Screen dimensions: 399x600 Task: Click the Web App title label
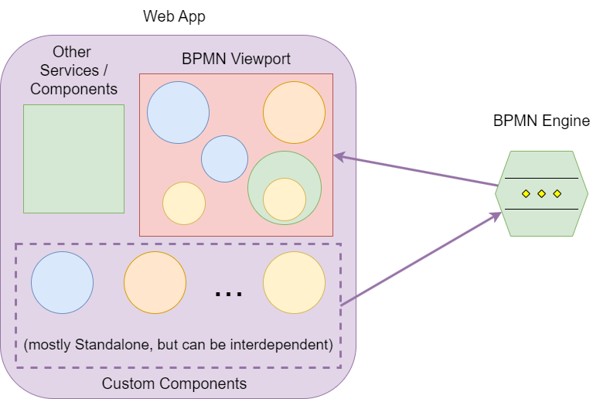(174, 16)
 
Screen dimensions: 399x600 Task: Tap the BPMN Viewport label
(236, 59)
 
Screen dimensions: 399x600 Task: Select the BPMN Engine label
(541, 121)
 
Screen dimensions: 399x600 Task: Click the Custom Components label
(174, 384)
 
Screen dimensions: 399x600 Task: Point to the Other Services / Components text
(73, 70)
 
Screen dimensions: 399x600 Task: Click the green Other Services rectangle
(73, 159)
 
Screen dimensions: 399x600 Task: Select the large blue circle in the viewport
(178, 112)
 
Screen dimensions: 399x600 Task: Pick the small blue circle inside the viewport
(224, 159)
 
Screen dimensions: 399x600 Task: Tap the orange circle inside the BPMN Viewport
(294, 112)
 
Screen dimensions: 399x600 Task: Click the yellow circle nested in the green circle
(285, 199)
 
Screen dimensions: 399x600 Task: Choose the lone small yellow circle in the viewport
(184, 203)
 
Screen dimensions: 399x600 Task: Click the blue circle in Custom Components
(62, 282)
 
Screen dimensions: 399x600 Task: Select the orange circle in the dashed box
(155, 282)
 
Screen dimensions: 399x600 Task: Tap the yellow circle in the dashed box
(294, 282)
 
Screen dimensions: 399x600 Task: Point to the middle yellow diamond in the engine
(541, 193)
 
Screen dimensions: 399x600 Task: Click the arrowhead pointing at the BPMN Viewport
(338, 157)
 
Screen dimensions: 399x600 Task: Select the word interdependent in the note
(288, 343)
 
